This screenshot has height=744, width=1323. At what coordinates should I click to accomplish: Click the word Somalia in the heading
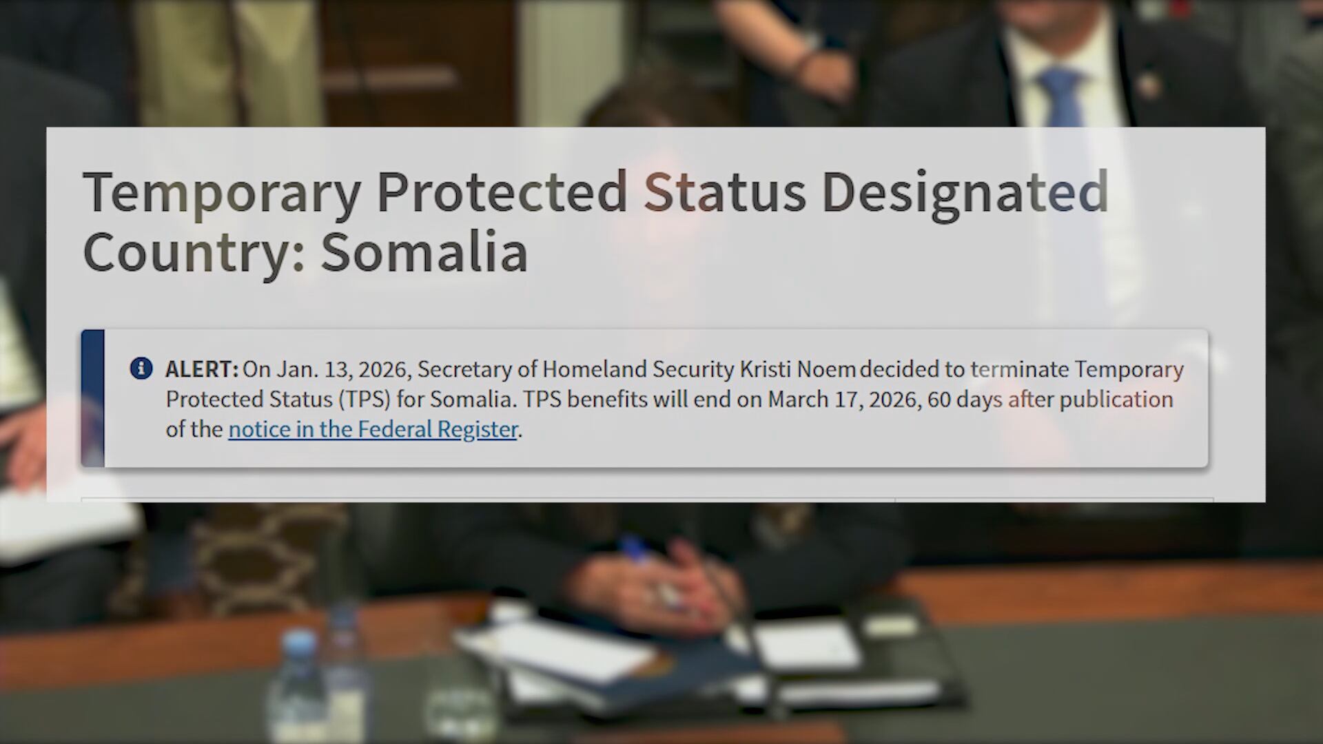coord(424,252)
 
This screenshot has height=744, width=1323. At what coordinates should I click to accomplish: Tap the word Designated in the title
coord(965,192)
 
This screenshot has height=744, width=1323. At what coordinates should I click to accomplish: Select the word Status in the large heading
coord(724,192)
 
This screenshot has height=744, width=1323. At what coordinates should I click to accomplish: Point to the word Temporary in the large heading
coord(221,193)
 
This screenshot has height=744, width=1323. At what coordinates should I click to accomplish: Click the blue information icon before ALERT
coord(141,369)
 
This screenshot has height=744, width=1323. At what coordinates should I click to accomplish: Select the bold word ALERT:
coord(201,370)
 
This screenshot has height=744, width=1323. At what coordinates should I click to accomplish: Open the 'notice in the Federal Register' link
coord(373,429)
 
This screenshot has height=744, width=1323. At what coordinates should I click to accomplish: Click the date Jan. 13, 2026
coord(343,370)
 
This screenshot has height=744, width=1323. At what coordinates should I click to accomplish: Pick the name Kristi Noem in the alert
coord(797,370)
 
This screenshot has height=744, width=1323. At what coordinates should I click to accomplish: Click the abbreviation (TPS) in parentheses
coord(364,400)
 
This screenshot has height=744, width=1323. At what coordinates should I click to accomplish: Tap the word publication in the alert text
coord(1116,400)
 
